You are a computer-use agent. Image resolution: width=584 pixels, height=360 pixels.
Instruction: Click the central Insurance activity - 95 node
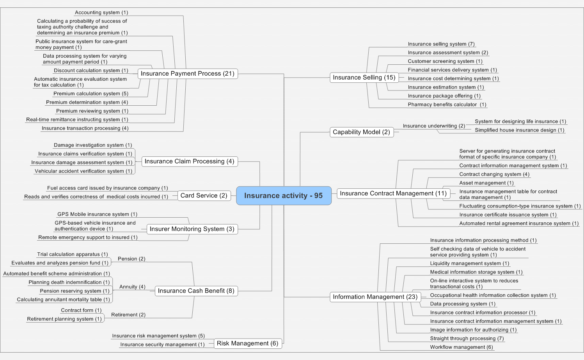click(284, 196)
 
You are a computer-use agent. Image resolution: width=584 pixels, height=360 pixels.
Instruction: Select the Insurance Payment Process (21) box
click(188, 74)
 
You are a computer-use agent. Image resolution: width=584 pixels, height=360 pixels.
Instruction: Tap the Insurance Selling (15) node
click(364, 78)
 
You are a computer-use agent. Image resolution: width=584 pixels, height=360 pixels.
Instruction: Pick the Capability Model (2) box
click(361, 132)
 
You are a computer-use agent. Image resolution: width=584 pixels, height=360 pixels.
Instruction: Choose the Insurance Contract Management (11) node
click(393, 193)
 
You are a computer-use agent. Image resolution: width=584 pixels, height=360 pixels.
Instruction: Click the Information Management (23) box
click(375, 297)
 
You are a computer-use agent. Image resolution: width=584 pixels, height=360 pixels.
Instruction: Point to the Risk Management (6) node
click(247, 344)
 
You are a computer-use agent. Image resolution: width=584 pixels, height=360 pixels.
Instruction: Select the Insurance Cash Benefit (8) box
click(196, 291)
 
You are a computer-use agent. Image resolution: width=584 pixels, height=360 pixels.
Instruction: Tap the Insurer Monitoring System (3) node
click(192, 229)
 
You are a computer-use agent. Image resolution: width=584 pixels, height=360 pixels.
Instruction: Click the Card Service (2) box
click(204, 196)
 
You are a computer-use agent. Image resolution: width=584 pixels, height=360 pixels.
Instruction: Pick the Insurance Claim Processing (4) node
click(190, 161)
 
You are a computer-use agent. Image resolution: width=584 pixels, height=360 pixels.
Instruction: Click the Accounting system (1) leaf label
click(101, 13)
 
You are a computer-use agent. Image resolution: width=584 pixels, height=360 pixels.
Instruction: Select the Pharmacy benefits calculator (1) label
click(447, 105)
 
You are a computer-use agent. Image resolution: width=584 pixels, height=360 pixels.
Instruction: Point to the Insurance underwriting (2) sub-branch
click(434, 126)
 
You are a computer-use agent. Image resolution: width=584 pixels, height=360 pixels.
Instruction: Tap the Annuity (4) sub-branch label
click(132, 287)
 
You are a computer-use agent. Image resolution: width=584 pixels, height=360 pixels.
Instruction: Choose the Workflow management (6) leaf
click(462, 347)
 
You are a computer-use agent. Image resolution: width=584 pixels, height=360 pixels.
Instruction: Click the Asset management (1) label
click(486, 183)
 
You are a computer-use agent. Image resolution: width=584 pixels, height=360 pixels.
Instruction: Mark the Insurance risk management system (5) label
click(158, 336)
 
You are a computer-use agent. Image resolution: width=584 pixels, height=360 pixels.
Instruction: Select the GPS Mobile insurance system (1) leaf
click(98, 215)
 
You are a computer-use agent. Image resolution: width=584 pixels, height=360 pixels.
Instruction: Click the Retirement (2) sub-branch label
click(128, 315)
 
